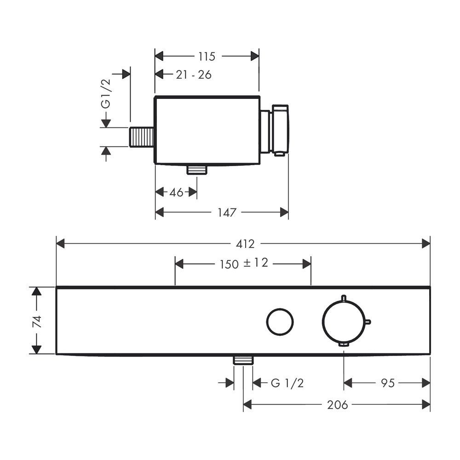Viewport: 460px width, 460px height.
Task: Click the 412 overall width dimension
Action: pyautogui.click(x=245, y=244)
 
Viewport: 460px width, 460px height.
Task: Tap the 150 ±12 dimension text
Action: pyautogui.click(x=244, y=263)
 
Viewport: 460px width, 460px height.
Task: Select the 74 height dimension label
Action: pyautogui.click(x=37, y=322)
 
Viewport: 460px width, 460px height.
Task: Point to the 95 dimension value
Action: pyautogui.click(x=387, y=383)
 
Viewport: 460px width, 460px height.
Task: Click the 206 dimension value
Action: pyautogui.click(x=337, y=405)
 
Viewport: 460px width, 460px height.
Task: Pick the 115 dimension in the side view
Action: pyautogui.click(x=207, y=56)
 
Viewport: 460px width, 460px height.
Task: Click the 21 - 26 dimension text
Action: pyautogui.click(x=194, y=75)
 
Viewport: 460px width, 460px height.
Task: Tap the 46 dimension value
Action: pyautogui.click(x=176, y=192)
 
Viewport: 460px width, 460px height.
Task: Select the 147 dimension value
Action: pyautogui.click(x=227, y=213)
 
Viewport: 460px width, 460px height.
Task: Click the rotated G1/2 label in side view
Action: pyautogui.click(x=106, y=93)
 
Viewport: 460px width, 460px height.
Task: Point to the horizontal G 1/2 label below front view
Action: pyautogui.click(x=287, y=383)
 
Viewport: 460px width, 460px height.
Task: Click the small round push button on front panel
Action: pyautogui.click(x=280, y=322)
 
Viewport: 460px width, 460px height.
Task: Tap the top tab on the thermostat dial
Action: pyautogui.click(x=344, y=298)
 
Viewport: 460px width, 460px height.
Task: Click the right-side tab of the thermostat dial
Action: pyautogui.click(x=368, y=322)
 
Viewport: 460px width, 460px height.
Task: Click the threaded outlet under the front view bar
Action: pyautogui.click(x=243, y=360)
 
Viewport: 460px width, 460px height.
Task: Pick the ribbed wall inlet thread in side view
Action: pyautogui.click(x=142, y=137)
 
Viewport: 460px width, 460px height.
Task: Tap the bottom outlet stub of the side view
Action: pyautogui.click(x=197, y=170)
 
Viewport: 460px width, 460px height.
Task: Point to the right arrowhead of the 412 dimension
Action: pyautogui.click(x=426, y=243)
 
